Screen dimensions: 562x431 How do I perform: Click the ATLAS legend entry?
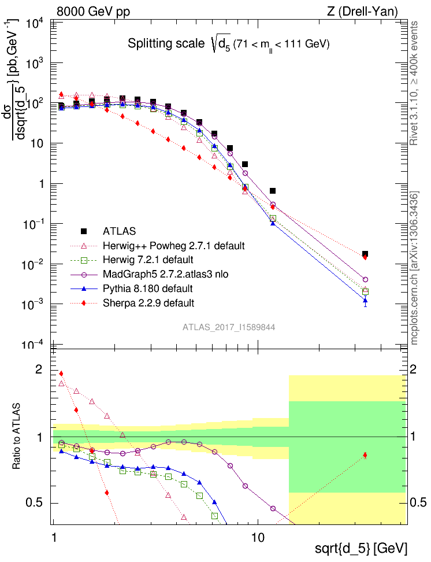coord(120,231)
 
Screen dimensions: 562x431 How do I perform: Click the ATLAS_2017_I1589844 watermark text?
coord(229,327)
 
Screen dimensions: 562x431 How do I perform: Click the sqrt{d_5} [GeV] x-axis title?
coord(361,548)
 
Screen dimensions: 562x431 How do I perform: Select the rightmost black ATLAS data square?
coord(365,254)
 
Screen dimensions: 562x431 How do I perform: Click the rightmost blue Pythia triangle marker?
coord(365,300)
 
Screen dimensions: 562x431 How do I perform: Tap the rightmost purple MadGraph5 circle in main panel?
coord(365,279)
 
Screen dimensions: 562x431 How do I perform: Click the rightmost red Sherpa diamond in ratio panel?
coord(365,455)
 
